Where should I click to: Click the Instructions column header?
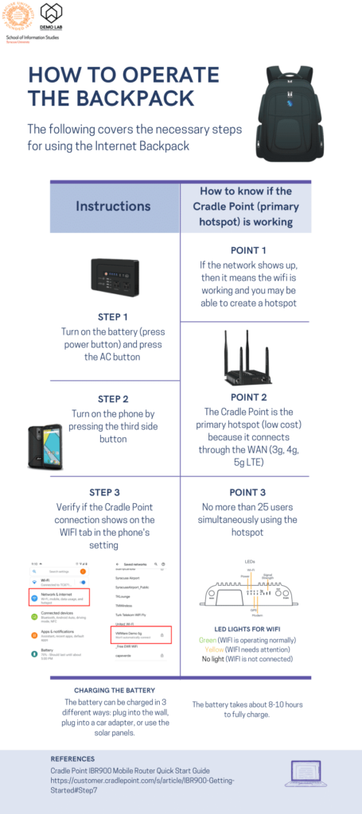tap(113, 206)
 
